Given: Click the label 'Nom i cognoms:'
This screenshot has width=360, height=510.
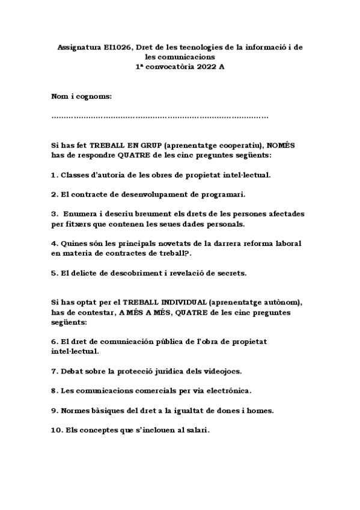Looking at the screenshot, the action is point(82,97).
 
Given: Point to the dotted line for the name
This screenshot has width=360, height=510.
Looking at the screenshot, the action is point(160,117).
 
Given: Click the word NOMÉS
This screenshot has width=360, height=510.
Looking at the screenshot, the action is point(281,146).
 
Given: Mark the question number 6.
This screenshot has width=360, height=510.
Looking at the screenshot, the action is point(54,341).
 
